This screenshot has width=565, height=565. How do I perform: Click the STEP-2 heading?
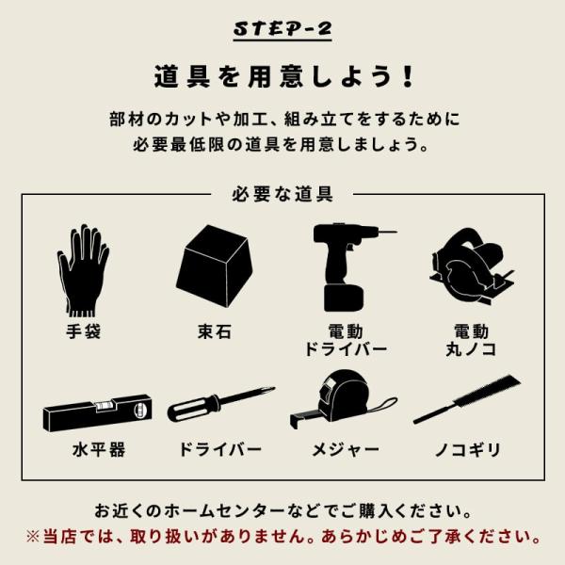[282, 29]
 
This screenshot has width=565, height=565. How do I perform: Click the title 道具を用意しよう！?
[284, 76]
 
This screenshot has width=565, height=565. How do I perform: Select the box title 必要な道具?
[282, 194]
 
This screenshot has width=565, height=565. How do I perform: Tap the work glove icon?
[83, 270]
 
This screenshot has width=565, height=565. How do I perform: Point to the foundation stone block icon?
[215, 266]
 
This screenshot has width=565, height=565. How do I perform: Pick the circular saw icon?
[472, 267]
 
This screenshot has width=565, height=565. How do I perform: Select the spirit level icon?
[97, 412]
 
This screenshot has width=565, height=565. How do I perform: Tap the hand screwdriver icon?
[221, 404]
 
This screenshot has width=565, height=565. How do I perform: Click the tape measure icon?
[343, 400]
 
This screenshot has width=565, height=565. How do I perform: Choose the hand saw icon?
[467, 399]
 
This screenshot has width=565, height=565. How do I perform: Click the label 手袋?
[83, 331]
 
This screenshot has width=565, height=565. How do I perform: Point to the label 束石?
[215, 331]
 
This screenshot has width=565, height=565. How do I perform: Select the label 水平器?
[98, 450]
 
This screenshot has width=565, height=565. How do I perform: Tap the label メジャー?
[346, 450]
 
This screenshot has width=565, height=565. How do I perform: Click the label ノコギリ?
[468, 450]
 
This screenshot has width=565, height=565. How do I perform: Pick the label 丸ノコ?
[471, 349]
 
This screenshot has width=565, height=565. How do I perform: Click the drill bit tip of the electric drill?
[396, 232]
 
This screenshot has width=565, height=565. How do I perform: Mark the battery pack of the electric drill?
[344, 299]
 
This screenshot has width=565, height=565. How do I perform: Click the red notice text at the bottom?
[283, 537]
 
